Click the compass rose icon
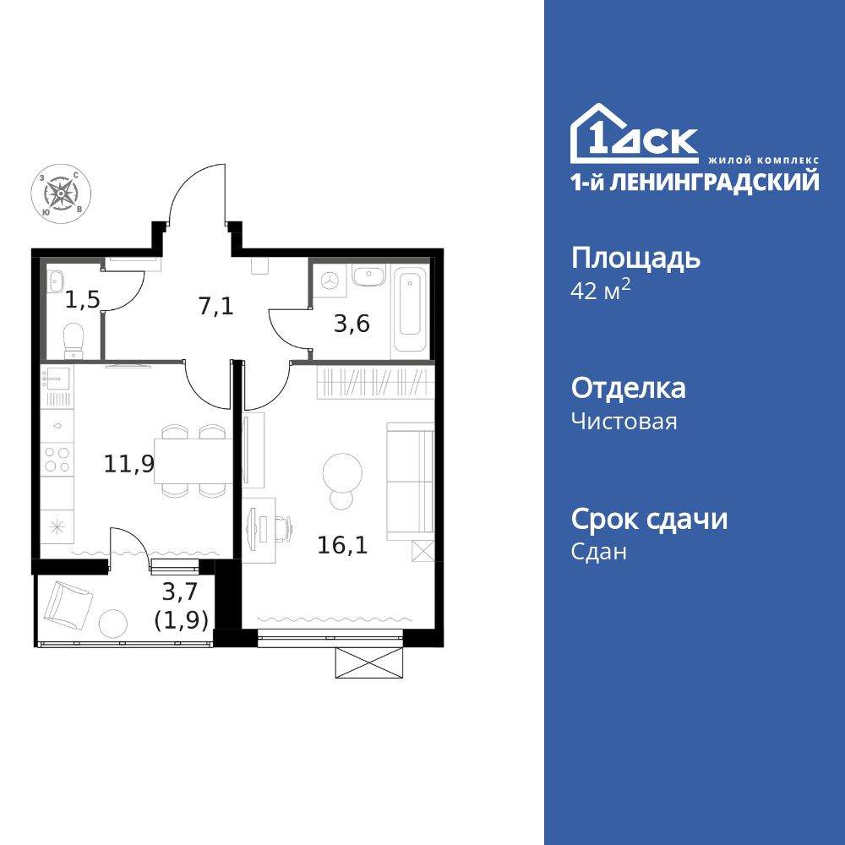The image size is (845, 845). click(x=61, y=194)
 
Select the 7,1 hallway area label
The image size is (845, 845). click(x=215, y=306)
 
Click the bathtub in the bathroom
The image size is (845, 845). click(x=412, y=308)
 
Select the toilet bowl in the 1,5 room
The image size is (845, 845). click(x=74, y=340)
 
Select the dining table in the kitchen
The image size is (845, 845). click(x=194, y=461)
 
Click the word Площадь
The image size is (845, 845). click(x=635, y=258)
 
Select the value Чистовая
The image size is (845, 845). click(x=624, y=421)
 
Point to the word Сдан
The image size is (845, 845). click(x=599, y=552)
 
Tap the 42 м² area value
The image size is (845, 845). click(x=602, y=289)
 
